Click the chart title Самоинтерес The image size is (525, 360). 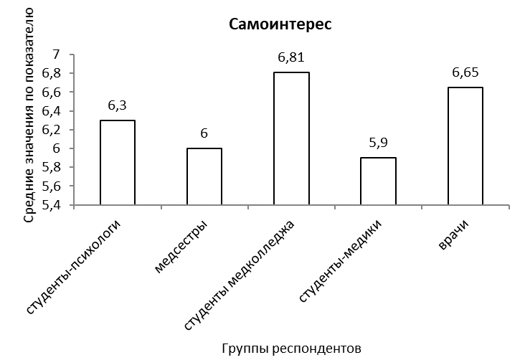pos(280,24)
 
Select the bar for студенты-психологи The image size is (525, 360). pos(118,162)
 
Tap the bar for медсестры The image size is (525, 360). pos(204,176)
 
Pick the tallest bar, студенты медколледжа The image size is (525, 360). pos(291,138)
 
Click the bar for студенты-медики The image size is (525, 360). pos(379,181)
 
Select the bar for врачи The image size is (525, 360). pos(465,146)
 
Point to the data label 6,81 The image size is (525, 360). pos(291,57)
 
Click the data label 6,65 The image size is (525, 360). pos(465,72)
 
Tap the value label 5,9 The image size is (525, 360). pos(379,143)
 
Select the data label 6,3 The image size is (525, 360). pos(118,105)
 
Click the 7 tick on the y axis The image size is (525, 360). pos(56,55)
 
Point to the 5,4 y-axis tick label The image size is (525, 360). pos(51,205)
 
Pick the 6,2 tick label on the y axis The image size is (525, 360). pos(51,130)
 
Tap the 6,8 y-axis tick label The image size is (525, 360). pos(51,73)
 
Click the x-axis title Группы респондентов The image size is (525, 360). pos(292,349)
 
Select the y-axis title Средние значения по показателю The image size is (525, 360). pos(29,115)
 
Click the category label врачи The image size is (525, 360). pos(454,235)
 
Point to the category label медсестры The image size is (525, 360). pos(182,247)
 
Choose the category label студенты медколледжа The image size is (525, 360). pos(240,275)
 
